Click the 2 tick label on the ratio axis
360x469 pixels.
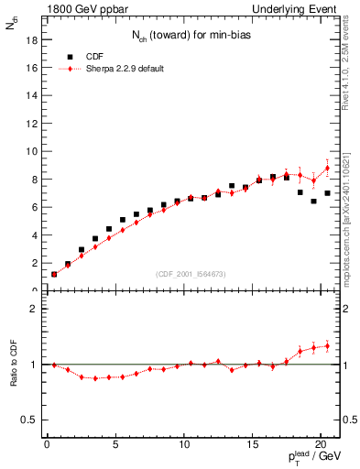coord(34,309)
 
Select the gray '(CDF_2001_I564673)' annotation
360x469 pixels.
coord(190,274)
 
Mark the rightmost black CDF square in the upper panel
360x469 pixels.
coord(327,193)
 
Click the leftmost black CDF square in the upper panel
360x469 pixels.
coord(54,274)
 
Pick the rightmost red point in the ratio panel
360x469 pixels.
coord(327,345)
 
